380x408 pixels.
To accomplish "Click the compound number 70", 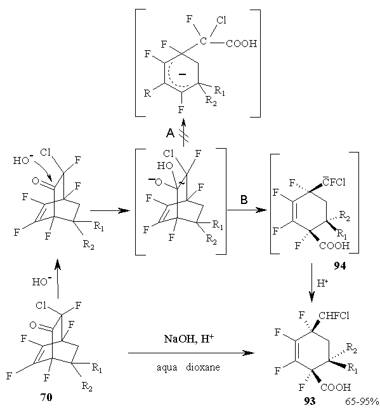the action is point(46,397).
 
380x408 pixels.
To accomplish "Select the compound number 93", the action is point(310,401).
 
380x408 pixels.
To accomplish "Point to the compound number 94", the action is point(340,266).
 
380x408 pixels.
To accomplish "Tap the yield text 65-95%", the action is point(362,402).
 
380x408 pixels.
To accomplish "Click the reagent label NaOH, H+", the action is point(189,339).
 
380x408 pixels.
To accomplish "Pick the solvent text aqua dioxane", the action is point(188,367).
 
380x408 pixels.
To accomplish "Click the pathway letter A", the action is point(170,133).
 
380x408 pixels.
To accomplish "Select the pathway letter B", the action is point(244,200).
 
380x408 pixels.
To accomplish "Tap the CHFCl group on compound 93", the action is point(334,316).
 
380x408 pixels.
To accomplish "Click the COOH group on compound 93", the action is point(336,387).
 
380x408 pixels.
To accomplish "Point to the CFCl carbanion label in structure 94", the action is point(334,182).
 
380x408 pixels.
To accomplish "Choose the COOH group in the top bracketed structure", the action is point(242,43).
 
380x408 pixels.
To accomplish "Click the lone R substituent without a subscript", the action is point(147,93).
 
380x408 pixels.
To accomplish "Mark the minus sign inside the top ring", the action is point(182,74).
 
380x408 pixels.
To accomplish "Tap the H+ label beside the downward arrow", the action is point(322,283).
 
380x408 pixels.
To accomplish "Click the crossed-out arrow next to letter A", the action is point(183,132).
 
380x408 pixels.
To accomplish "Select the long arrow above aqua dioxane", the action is point(191,353).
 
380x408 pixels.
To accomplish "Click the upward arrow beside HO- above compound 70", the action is point(58,278).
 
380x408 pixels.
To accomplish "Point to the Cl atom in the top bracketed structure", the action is point(221,20).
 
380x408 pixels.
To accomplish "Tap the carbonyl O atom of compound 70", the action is point(33,325).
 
